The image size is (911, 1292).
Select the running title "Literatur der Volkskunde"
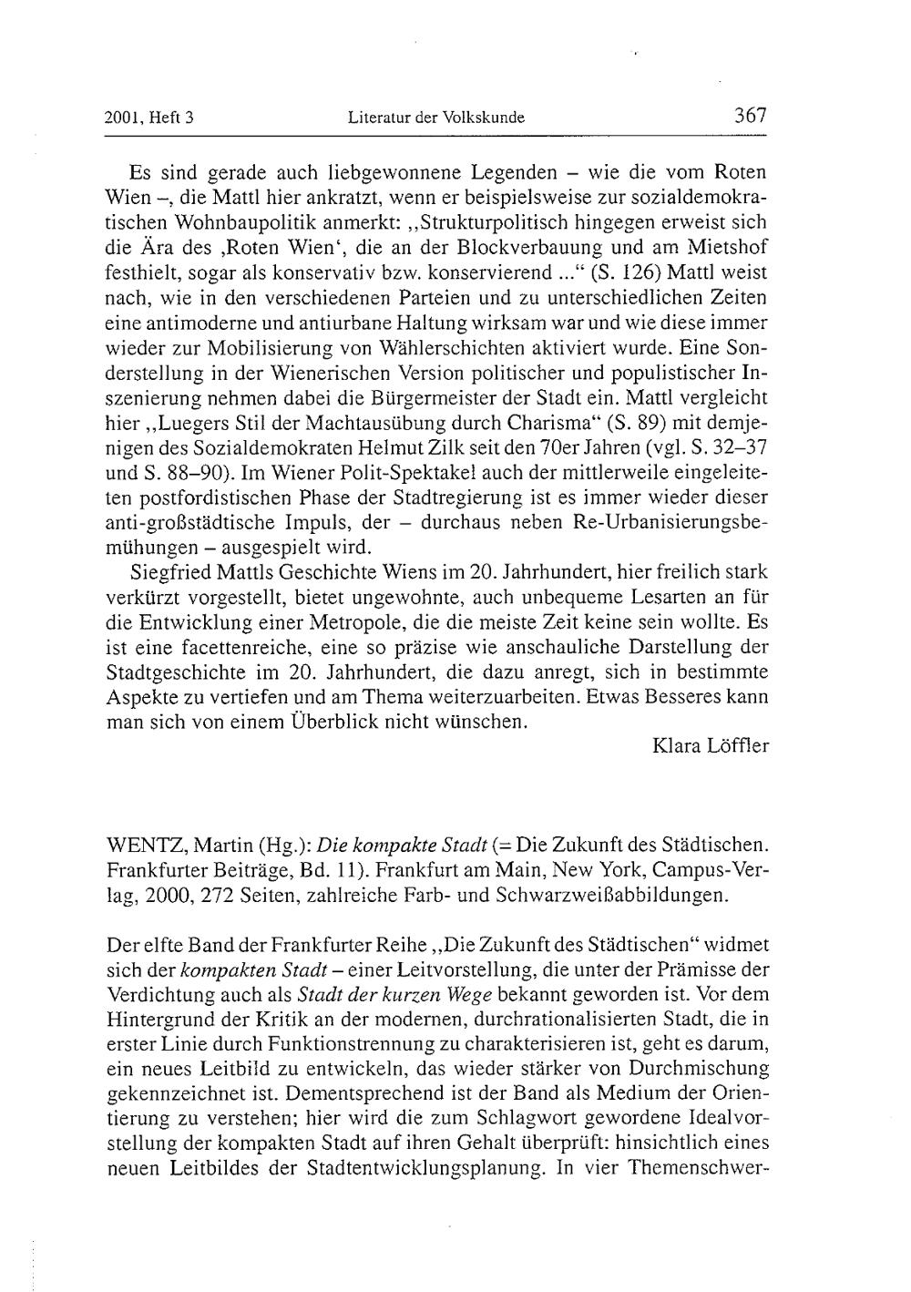(x=436, y=118)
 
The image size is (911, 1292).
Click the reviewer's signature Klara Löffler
(x=711, y=746)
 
